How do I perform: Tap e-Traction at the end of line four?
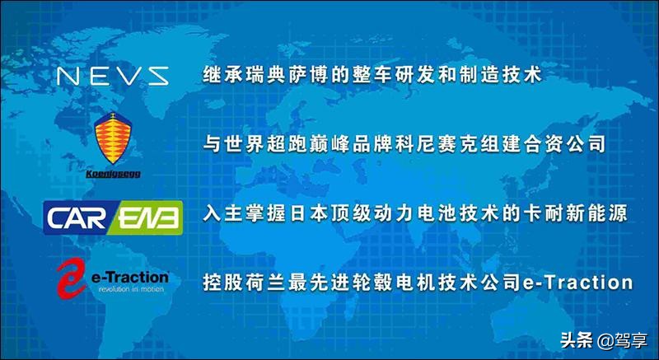578,283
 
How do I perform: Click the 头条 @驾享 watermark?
604,338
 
